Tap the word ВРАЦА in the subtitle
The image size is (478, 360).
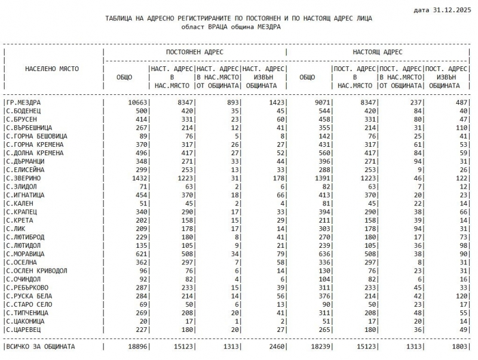(x=219, y=27)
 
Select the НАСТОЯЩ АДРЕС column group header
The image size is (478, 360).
(x=378, y=52)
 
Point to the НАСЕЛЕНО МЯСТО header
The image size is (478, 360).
(x=52, y=69)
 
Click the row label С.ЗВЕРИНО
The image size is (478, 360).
(x=24, y=178)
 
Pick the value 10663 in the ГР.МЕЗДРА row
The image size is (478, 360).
(x=136, y=103)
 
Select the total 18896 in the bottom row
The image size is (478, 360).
(x=136, y=346)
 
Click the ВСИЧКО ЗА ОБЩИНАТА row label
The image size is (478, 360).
(x=41, y=346)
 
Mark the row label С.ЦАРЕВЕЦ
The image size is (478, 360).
(x=24, y=328)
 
